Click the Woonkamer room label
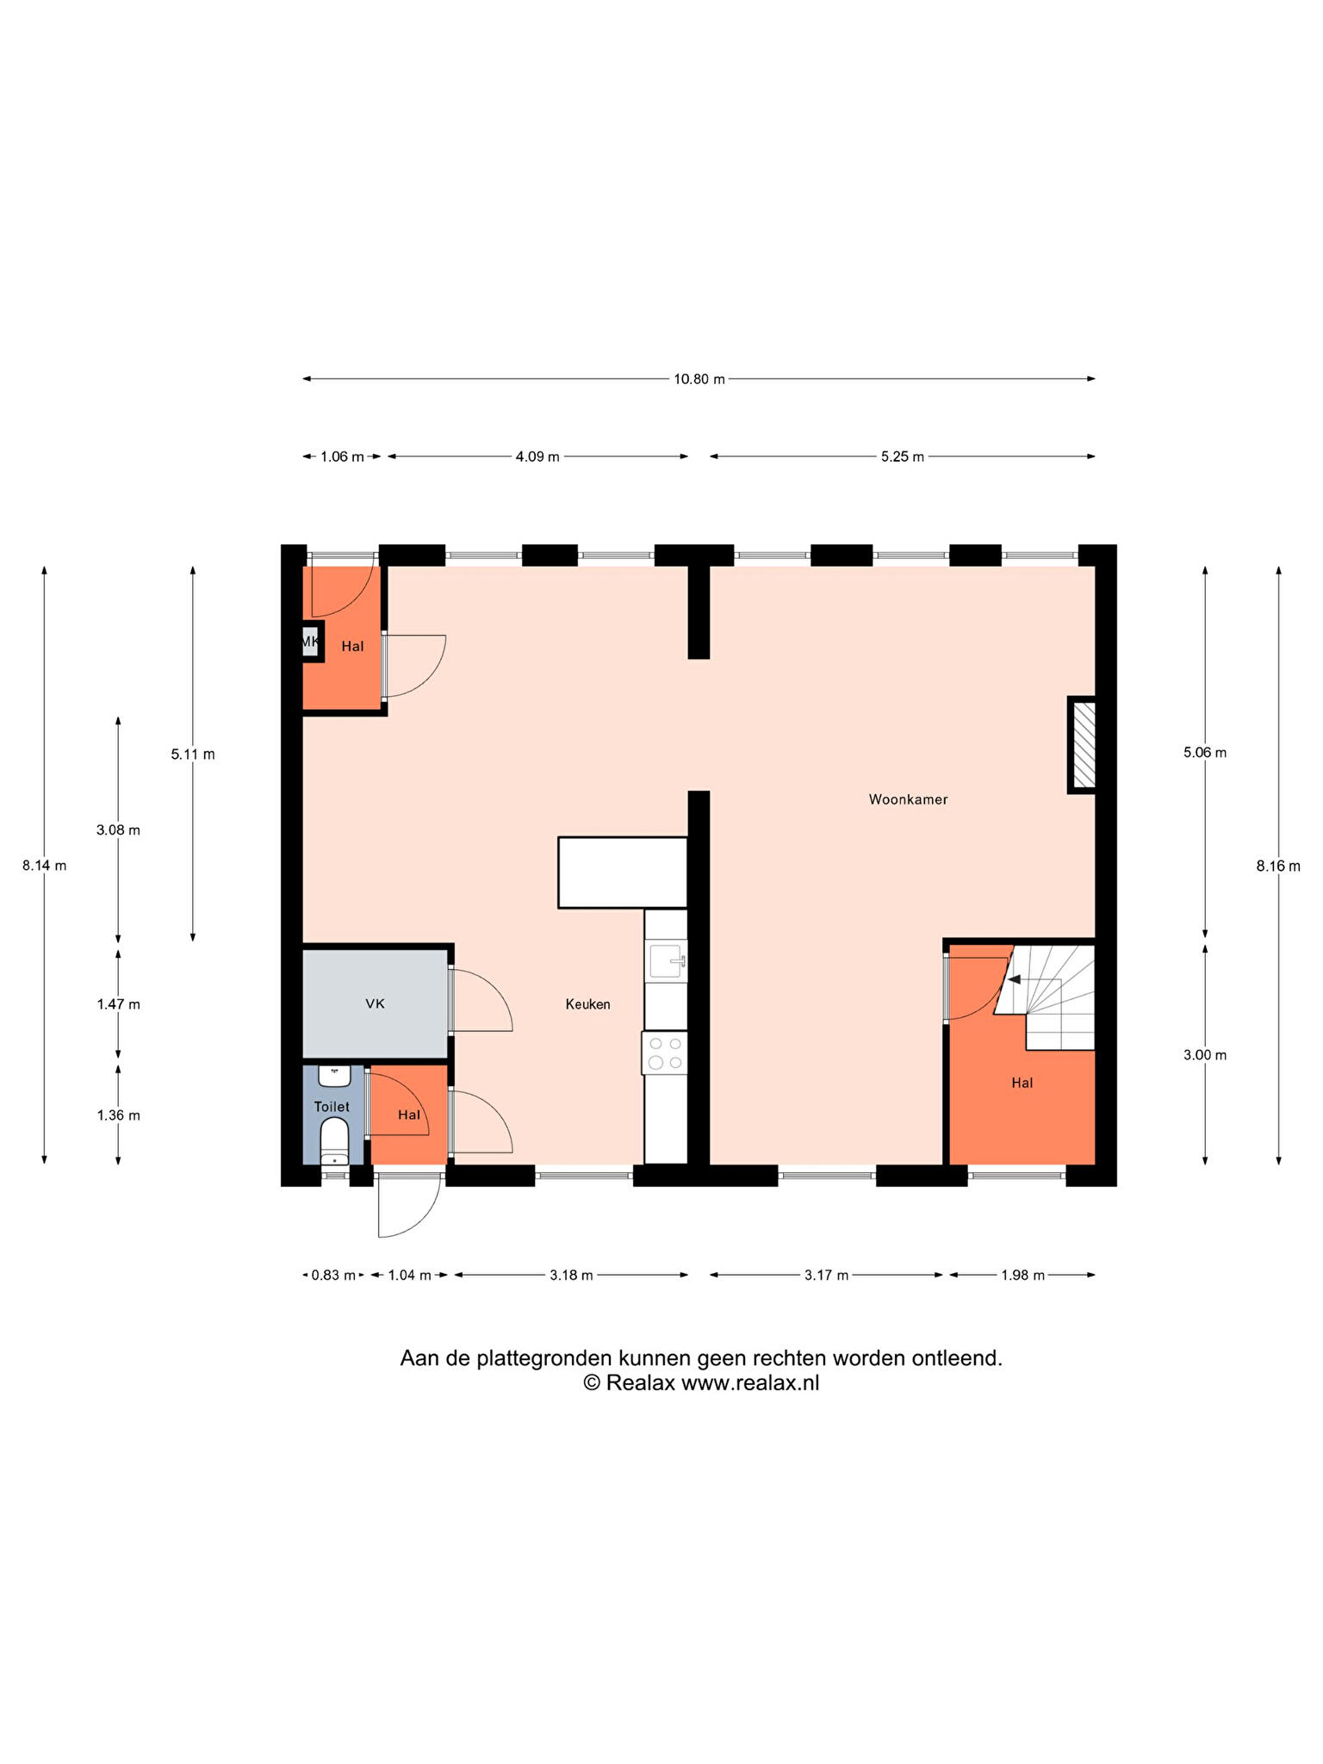coord(908,799)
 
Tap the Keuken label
coord(587,1003)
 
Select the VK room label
coord(375,1003)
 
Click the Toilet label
coord(332,1106)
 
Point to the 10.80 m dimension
coord(699,379)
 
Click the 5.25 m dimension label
coord(902,457)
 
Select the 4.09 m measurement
coord(537,457)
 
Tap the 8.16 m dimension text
coord(1278,866)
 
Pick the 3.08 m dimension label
coord(118,830)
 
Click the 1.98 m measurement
coord(1022,1275)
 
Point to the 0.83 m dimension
coord(333,1275)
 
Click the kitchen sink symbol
coord(668,960)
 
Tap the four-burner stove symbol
coord(665,1053)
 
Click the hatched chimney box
coord(1084,744)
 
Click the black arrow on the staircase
coord(1015,979)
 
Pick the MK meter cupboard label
coord(309,642)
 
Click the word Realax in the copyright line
coord(634,1382)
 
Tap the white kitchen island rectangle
coord(623,872)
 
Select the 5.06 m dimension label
coord(1205,752)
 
